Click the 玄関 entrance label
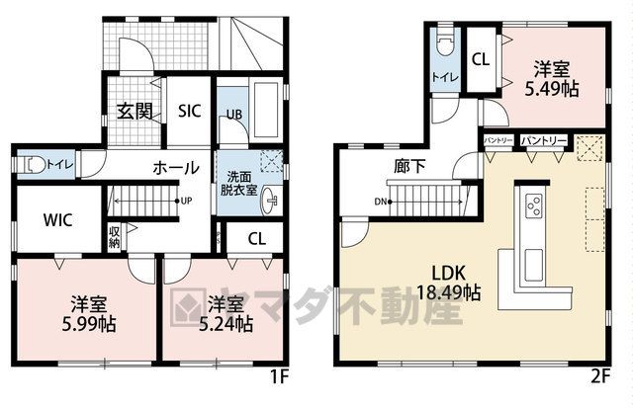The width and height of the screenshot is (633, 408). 135,111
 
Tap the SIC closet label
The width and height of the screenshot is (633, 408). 189,111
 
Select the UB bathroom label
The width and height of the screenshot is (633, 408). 234,115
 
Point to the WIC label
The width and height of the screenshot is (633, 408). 57,220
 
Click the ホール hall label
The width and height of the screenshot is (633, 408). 176,167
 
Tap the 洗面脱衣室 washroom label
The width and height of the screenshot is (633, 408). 239,184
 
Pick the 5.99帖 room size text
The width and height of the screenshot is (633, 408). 89,324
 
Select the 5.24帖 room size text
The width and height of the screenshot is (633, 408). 226,324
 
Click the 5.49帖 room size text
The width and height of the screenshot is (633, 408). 552,89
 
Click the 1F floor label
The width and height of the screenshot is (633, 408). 279,377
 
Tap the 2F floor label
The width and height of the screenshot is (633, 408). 600,376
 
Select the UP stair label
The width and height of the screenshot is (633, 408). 187,201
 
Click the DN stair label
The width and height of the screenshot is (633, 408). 380,202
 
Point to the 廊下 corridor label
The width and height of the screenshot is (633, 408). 409,166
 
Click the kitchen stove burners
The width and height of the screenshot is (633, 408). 533,205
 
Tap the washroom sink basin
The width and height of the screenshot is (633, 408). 269,201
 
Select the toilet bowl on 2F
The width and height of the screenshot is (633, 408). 446,44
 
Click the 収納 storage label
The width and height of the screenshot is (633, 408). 114,237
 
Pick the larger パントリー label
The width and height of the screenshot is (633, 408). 543,140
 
